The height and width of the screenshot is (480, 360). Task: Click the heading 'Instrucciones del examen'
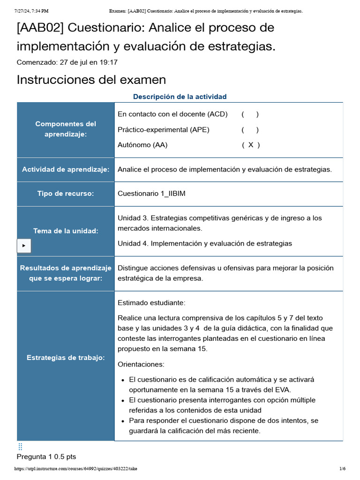[91, 80]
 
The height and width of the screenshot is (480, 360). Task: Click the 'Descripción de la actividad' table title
[180, 97]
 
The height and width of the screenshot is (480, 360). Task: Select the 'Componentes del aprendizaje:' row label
[66, 129]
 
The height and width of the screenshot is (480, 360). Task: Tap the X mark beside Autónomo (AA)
[251, 145]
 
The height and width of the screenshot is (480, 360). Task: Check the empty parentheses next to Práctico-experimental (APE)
[250, 129]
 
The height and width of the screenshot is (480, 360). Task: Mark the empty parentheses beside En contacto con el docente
[250, 114]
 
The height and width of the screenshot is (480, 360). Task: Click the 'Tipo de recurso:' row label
[66, 194]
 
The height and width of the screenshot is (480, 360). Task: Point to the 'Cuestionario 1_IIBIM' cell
[151, 194]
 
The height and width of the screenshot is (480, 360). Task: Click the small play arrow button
[24, 245]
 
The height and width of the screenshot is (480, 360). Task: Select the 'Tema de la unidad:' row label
[66, 231]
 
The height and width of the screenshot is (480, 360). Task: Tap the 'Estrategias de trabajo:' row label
[66, 358]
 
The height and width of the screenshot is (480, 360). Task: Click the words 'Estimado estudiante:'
[151, 302]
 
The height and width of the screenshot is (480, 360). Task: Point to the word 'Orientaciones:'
[141, 364]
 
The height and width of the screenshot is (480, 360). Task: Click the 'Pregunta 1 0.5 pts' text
[46, 457]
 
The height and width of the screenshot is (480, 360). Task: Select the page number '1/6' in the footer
[342, 469]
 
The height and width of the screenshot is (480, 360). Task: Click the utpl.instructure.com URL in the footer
[76, 469]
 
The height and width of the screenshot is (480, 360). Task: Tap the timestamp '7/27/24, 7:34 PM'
[31, 11]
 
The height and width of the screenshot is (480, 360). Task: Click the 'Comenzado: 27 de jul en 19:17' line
[67, 62]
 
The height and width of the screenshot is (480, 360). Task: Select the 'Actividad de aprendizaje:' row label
[66, 169]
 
